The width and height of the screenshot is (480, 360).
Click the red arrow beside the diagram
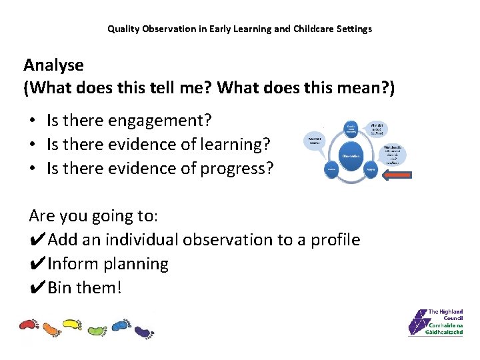coord(398,175)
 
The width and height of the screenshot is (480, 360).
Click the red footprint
coord(29,325)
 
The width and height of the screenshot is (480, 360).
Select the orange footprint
coord(51,329)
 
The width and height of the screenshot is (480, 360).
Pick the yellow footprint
coord(73,325)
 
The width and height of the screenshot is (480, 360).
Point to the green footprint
coord(97,329)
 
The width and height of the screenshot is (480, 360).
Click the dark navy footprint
coord(143,331)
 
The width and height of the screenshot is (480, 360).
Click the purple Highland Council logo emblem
coord(417,322)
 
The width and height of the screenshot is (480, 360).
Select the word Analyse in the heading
coord(53,65)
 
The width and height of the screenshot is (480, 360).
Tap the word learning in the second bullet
coord(238,144)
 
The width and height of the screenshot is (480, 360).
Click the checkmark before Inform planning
coord(38,264)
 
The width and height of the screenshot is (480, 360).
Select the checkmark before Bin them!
coord(38,288)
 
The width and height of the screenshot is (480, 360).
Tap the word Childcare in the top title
coord(313,29)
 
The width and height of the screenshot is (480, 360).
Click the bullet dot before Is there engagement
coord(32,121)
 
